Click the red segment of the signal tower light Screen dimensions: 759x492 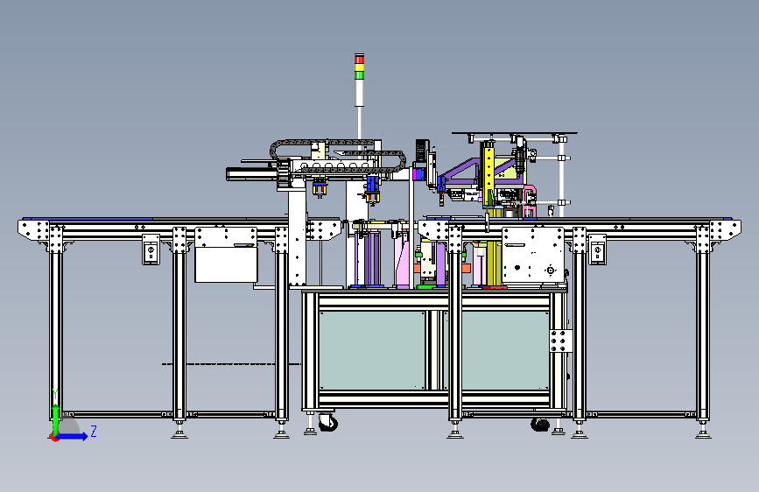click(359, 59)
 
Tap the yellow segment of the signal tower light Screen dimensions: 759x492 click(359, 67)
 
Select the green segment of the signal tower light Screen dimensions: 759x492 click(359, 75)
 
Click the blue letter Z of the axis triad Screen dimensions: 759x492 click(94, 431)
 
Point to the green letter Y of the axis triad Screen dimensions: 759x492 click(56, 395)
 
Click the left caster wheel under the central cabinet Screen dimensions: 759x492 click(328, 423)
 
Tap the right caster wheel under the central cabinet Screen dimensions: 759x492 click(540, 425)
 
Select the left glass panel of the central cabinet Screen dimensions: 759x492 click(372, 350)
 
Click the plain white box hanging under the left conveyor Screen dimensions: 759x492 click(226, 264)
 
